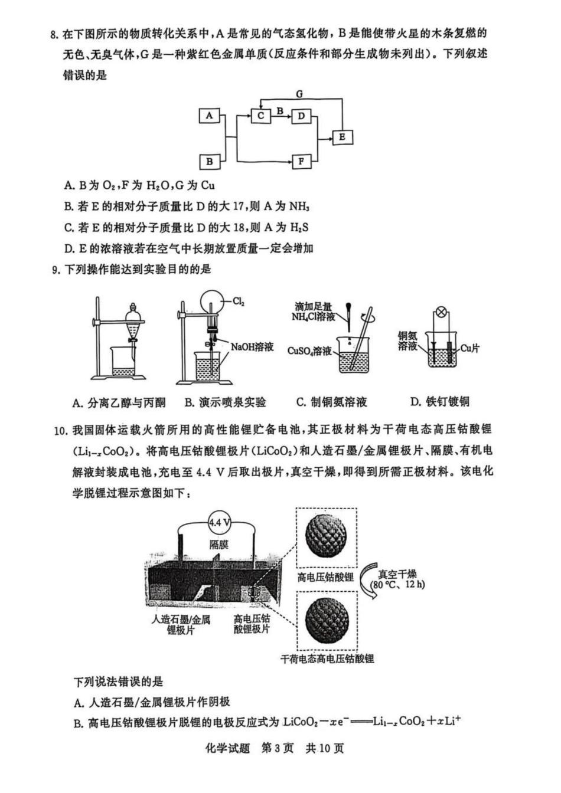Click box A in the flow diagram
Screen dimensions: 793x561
[x=208, y=115]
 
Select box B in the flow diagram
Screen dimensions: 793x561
[x=208, y=160]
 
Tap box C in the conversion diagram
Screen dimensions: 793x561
[x=260, y=116]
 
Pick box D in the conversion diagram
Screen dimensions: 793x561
[x=301, y=116]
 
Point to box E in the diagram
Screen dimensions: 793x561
[x=342, y=137]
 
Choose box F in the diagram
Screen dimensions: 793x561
[x=301, y=160]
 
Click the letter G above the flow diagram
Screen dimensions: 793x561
[x=299, y=94]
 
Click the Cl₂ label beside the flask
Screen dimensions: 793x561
[x=239, y=302]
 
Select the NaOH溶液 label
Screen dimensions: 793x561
[x=252, y=346]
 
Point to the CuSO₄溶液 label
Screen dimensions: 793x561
[x=309, y=351]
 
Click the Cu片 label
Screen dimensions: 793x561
[x=469, y=348]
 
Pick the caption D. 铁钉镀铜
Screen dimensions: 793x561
[x=439, y=402]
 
